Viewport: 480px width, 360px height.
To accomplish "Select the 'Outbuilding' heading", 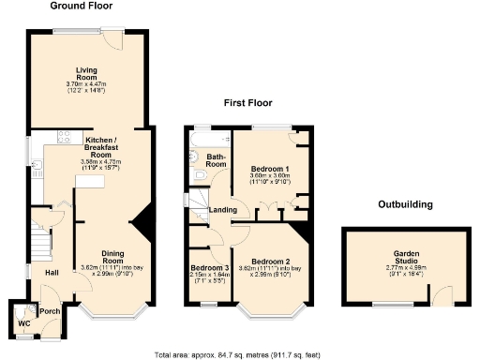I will [x=405, y=203].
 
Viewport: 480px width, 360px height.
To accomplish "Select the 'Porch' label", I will [x=50, y=311].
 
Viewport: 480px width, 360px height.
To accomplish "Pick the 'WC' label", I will [x=23, y=324].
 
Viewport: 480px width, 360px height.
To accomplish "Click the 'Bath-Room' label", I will [x=217, y=160].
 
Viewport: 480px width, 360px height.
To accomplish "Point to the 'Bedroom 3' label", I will [x=209, y=268].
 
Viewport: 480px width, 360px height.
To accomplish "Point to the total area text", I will [x=240, y=354].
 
